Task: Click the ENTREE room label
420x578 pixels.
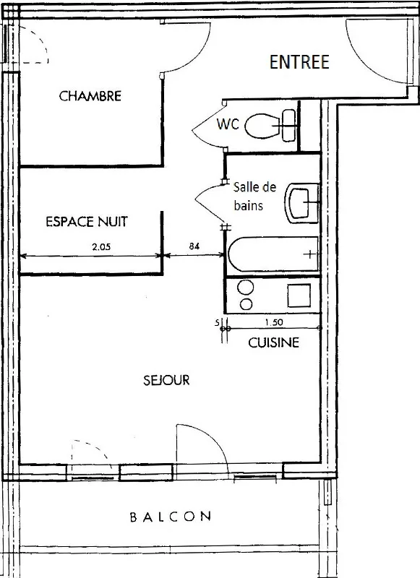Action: tap(299, 62)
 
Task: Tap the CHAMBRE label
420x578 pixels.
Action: tap(90, 96)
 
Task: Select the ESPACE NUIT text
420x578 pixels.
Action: tap(87, 222)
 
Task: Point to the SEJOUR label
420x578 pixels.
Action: tap(166, 380)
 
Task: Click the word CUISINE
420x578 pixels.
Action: tap(273, 342)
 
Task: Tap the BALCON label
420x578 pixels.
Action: tap(171, 517)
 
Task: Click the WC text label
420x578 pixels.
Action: tap(228, 124)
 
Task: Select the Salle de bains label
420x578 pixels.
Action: tap(254, 196)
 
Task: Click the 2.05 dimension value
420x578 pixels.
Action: tap(101, 247)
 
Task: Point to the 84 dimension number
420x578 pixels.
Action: tap(194, 246)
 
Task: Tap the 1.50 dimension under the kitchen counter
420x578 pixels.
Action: tap(274, 322)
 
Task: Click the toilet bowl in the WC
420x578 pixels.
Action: tap(262, 126)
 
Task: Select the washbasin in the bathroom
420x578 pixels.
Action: tap(302, 203)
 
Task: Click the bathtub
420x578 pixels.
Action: tap(273, 254)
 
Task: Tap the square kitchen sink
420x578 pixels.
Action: tap(299, 296)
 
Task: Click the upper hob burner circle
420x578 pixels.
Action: tap(246, 287)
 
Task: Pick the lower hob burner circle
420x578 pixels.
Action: tap(246, 304)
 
